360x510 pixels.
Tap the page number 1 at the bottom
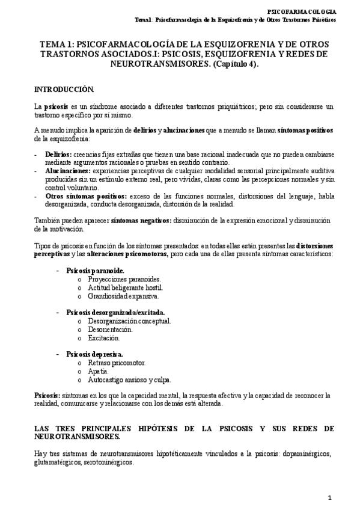(x=329, y=497)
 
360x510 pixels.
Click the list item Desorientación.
(x=111, y=330)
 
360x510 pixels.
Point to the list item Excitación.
(x=103, y=338)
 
